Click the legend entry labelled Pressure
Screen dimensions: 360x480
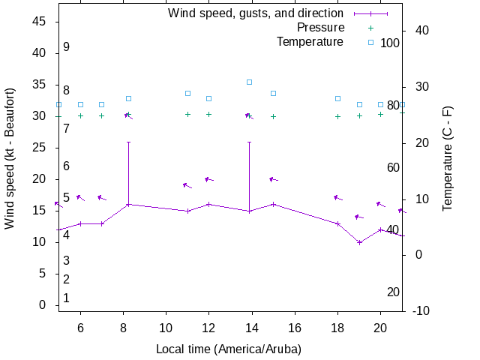[x=320, y=28]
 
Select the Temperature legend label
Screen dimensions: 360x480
[x=310, y=42]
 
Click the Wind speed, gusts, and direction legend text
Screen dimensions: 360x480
[x=255, y=13]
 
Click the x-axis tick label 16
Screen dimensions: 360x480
[x=295, y=328]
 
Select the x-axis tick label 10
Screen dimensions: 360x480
[x=166, y=328]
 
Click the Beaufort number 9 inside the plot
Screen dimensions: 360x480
[x=67, y=47]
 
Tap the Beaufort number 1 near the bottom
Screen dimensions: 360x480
[x=67, y=298]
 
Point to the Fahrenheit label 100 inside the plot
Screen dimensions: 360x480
[x=390, y=43]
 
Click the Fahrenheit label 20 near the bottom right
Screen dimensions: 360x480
[x=393, y=292]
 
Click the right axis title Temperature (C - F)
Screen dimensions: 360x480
[x=448, y=157]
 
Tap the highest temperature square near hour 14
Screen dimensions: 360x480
[x=250, y=82]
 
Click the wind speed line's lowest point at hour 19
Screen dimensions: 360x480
[x=360, y=242]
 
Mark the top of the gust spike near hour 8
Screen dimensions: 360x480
[x=128, y=142]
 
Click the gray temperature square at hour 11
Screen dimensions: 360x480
[x=187, y=93]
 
